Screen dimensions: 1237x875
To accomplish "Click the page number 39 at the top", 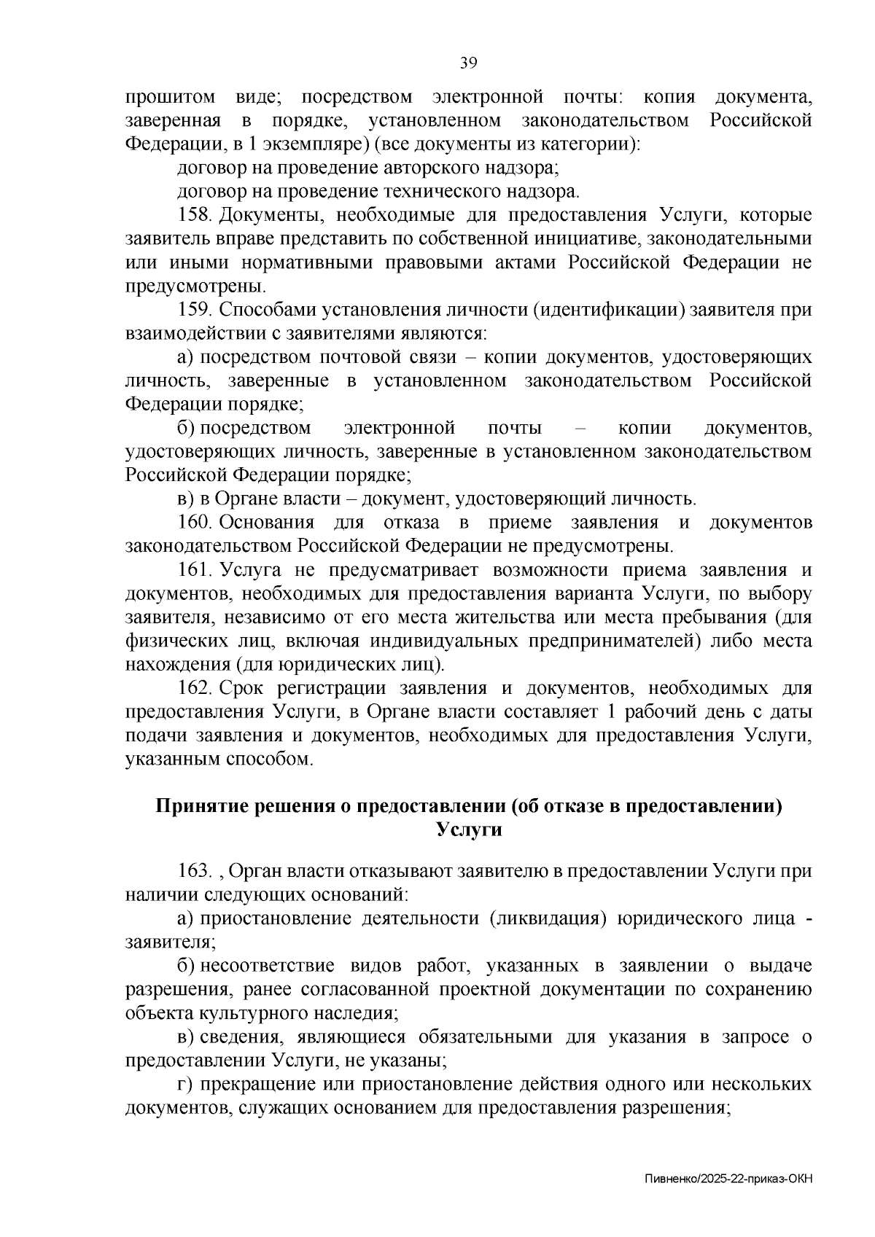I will pyautogui.click(x=467, y=63).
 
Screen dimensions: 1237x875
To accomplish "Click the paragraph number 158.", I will pyautogui.click(x=193, y=215).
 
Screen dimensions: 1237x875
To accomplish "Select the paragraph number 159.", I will pyautogui.click(x=193, y=310).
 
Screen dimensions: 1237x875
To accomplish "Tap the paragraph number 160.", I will pyautogui.click(x=193, y=523).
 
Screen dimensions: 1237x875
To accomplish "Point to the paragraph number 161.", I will pyautogui.click(x=193, y=570).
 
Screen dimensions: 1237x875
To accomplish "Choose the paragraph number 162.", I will pyautogui.click(x=193, y=688).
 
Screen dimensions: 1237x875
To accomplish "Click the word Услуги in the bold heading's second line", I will pyautogui.click(x=469, y=830).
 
